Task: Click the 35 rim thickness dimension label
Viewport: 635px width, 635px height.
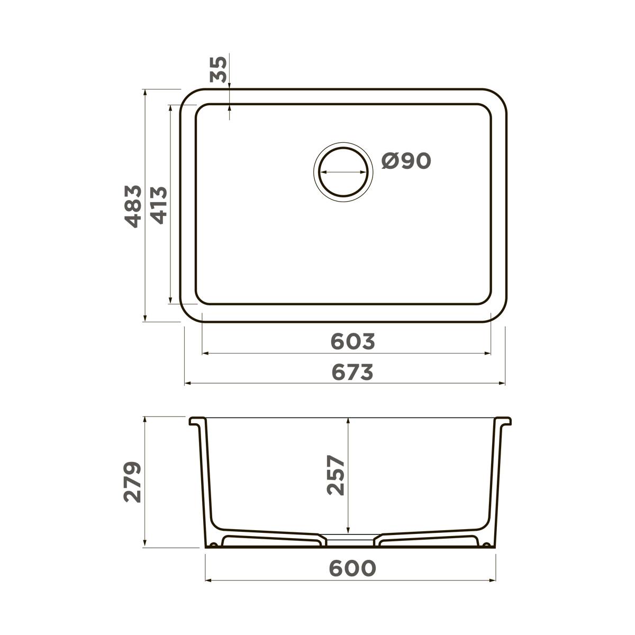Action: coord(219,69)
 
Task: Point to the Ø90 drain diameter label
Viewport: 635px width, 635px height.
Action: coord(406,161)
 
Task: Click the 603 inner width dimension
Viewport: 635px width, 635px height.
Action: coord(353,342)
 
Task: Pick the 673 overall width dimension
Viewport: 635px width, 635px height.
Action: coord(353,373)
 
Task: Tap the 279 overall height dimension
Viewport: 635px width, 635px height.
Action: coord(132,482)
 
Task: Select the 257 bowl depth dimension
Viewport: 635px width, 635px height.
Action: coord(335,475)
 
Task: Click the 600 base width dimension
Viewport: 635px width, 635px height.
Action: coord(352,568)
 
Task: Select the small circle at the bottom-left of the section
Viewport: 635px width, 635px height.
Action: coord(213,545)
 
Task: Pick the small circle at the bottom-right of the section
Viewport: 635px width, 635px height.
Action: coord(486,545)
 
